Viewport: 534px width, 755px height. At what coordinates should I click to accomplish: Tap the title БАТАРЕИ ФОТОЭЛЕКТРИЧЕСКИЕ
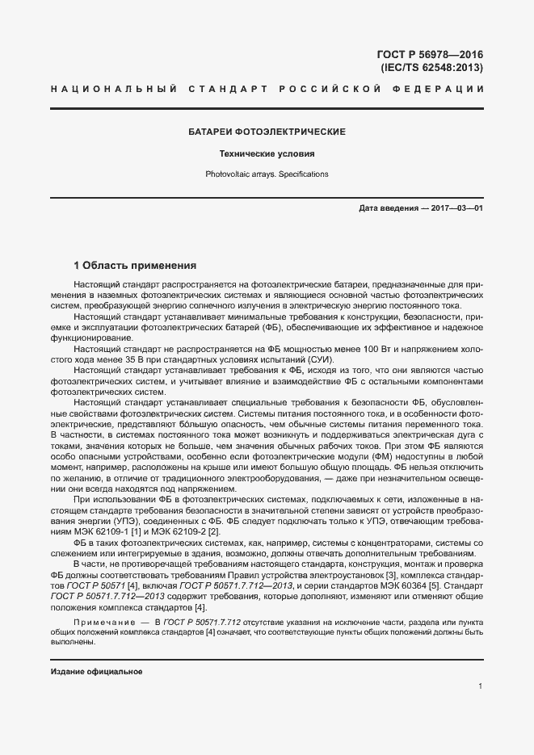(267, 132)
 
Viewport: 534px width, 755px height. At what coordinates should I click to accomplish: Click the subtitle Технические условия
(267, 153)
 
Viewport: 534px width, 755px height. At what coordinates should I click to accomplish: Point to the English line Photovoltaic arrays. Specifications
(267, 174)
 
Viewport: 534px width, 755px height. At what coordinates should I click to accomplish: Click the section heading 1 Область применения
(135, 265)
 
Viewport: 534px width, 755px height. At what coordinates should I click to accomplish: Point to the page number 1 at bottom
(480, 686)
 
